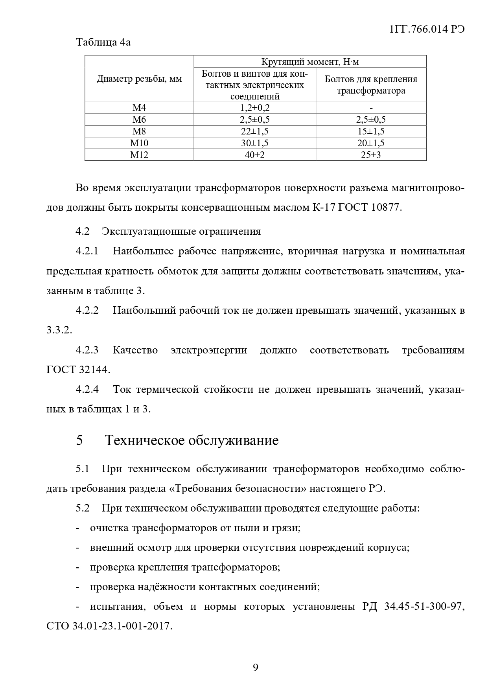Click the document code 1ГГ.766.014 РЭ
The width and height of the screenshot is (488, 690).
pyautogui.click(x=427, y=30)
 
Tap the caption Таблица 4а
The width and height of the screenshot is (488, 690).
pyautogui.click(x=103, y=42)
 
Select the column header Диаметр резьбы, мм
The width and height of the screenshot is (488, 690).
pyautogui.click(x=139, y=79)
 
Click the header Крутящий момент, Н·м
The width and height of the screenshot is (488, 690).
pyautogui.click(x=310, y=62)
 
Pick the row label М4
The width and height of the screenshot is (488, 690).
pyautogui.click(x=139, y=108)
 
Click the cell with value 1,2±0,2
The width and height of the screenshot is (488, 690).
pyautogui.click(x=254, y=108)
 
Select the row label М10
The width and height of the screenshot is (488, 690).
pyautogui.click(x=139, y=143)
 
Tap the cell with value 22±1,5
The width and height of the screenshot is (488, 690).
pyautogui.click(x=254, y=131)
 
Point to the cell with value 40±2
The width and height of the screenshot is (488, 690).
pyautogui.click(x=254, y=155)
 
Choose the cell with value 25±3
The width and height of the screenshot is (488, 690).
pyautogui.click(x=371, y=155)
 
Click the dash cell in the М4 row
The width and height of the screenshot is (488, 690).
pyautogui.click(x=371, y=108)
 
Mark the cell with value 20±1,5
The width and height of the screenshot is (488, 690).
pyautogui.click(x=371, y=143)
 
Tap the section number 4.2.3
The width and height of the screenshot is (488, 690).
pyautogui.click(x=87, y=350)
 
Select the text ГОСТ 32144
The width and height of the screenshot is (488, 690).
pyautogui.click(x=78, y=370)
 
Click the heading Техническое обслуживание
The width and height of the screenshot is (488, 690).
pyautogui.click(x=192, y=440)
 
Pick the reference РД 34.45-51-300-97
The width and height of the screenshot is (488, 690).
pyautogui.click(x=412, y=607)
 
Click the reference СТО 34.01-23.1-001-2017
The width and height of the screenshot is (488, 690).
pyautogui.click(x=109, y=626)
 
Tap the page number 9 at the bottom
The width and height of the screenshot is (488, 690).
pyautogui.click(x=255, y=667)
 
